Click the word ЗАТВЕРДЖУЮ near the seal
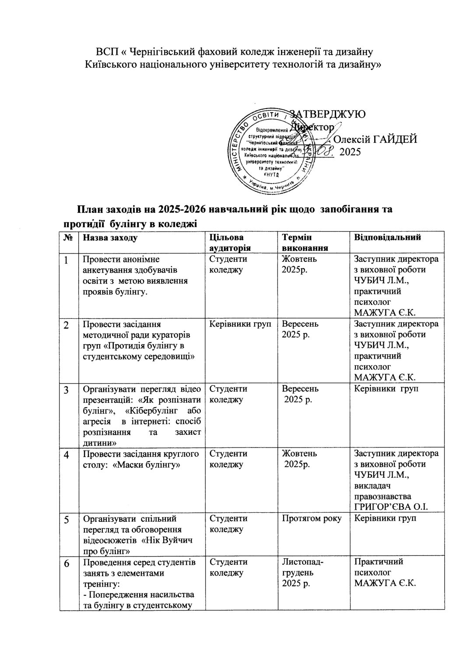tap(327, 114)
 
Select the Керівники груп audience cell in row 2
tap(240, 324)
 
